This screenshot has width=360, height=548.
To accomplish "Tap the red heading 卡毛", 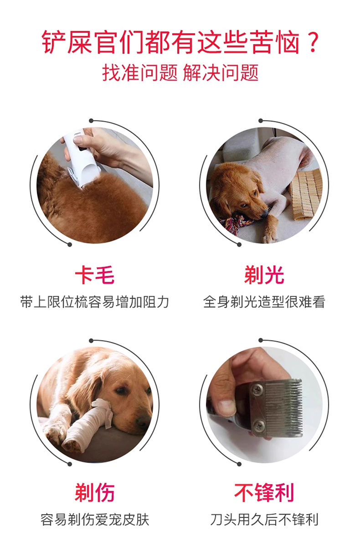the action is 95,275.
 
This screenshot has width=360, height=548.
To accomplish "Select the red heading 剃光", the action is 264,275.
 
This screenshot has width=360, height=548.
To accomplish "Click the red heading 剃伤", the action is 95,492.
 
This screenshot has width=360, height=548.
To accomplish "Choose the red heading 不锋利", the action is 264,492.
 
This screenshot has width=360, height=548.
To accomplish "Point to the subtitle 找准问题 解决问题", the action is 180,72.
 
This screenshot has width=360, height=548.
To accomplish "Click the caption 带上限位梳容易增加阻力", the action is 95,302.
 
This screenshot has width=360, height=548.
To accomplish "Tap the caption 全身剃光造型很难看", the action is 264,302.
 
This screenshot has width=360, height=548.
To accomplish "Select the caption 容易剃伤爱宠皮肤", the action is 95,519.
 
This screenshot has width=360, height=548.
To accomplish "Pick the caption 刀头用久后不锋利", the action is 264,519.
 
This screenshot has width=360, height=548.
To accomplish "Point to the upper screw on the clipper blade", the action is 258,388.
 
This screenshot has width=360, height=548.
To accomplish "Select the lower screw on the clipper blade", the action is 259,426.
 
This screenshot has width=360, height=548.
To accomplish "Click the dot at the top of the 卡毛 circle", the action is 91,121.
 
